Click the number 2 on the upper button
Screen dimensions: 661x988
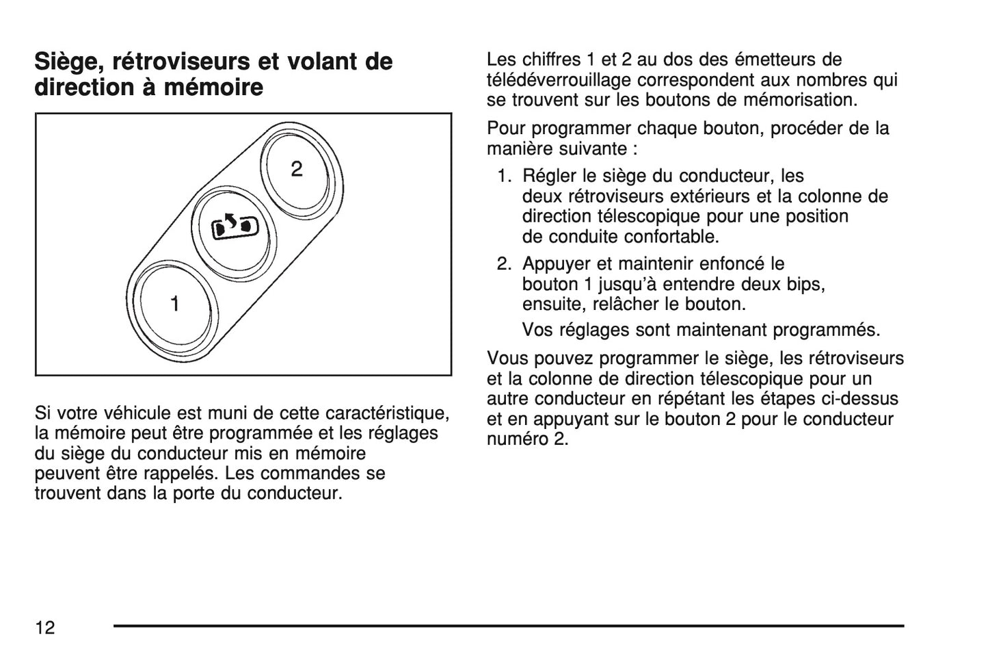(296, 168)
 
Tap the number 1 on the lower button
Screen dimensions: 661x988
(175, 303)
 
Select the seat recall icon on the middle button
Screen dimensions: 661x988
(236, 226)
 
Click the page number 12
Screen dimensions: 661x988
(45, 627)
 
